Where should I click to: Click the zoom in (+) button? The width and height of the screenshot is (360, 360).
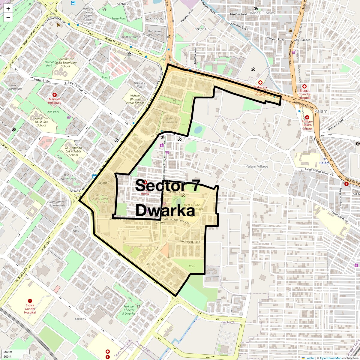click(8, 8)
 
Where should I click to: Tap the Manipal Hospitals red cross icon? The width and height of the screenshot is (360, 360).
click(55, 95)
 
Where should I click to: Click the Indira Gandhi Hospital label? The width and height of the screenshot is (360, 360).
click(30, 309)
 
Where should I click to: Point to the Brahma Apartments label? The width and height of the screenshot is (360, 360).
click(171, 120)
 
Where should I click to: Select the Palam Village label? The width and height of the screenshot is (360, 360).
click(257, 166)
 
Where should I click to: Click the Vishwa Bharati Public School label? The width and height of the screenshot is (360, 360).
click(135, 99)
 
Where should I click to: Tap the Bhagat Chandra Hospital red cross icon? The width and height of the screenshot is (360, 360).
click(304, 86)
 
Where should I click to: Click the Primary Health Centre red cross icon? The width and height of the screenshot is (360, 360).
click(307, 117)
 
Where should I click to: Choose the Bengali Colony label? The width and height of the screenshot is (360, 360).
click(262, 13)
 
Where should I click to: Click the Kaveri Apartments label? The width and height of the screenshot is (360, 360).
click(14, 87)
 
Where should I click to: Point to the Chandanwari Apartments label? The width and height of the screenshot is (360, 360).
click(57, 203)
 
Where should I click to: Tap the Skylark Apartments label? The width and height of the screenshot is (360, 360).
click(68, 177)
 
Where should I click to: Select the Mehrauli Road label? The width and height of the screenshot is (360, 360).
click(340, 216)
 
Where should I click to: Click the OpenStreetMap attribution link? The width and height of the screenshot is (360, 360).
click(330, 358)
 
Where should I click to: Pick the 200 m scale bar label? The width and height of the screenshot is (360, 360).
click(8, 352)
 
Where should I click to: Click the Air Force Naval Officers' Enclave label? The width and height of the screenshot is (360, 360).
click(102, 199)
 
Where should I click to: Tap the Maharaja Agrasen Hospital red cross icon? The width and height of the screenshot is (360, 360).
click(260, 82)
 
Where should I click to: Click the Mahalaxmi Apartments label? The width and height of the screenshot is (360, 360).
click(155, 33)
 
